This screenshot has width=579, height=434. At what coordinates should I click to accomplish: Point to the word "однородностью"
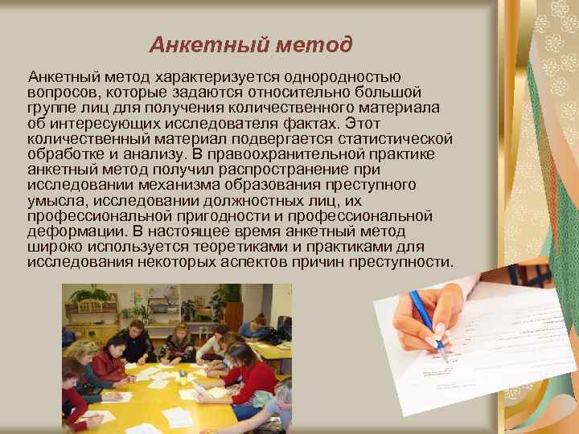click(x=334, y=77)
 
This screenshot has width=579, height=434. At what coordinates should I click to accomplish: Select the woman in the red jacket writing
click(x=109, y=362)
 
